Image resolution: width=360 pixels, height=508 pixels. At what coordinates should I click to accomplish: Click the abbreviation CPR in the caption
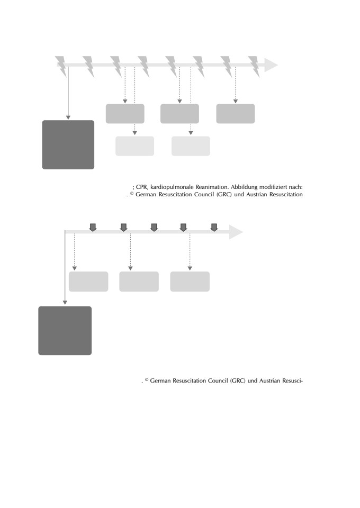coord(141,187)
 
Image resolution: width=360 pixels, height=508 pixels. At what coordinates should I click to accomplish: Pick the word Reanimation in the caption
coord(212,187)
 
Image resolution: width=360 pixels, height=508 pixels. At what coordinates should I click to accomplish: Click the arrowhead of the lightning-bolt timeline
coord(271,65)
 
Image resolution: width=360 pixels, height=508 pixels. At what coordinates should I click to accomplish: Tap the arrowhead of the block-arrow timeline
coord(236,232)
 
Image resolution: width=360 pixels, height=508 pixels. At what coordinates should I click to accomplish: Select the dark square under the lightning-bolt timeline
coord(68,144)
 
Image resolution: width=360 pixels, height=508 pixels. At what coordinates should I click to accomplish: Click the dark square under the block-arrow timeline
coord(65,330)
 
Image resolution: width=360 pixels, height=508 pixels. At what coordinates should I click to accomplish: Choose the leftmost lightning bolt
coord(61,67)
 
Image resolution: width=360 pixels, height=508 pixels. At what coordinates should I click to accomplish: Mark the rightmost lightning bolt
coord(254,67)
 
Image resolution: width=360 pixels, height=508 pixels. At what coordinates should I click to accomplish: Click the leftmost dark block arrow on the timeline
coord(93,228)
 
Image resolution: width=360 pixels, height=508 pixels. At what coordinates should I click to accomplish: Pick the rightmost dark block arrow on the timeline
coord(214,228)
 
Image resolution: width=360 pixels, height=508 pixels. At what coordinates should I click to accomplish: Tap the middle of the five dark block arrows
coord(154,228)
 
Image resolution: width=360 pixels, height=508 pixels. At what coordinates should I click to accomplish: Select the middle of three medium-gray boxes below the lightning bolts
coord(179,114)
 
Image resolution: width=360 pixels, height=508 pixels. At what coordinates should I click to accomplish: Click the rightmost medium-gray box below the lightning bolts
coord(236,114)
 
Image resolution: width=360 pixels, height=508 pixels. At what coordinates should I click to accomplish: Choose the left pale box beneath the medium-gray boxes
coord(135,146)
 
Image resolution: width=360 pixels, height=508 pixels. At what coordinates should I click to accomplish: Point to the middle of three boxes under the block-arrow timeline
coord(139,282)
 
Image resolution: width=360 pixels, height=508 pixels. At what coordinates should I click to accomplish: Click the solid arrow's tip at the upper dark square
coord(68,119)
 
